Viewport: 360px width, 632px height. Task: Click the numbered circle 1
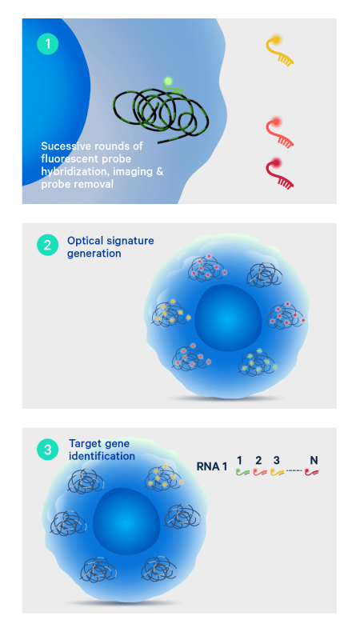tap(48, 44)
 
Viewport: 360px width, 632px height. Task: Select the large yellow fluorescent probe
tap(279, 50)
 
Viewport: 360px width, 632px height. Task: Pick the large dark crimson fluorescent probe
tap(279, 174)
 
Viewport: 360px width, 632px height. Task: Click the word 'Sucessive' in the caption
tap(66, 146)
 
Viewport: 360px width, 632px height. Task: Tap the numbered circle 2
tap(48, 245)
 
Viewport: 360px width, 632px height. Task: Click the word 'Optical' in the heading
tap(82, 241)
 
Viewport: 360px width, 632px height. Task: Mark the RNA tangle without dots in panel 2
tap(263, 276)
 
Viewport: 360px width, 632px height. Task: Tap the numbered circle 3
tap(48, 450)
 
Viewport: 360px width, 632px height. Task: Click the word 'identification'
tap(102, 456)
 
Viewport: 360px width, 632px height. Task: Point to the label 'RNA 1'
tap(212, 466)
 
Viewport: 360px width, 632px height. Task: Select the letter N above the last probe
tap(314, 460)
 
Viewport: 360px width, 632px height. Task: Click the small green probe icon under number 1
tap(242, 471)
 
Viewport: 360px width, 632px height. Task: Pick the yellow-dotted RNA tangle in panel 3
tap(164, 478)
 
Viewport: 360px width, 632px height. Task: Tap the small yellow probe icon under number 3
tap(278, 471)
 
